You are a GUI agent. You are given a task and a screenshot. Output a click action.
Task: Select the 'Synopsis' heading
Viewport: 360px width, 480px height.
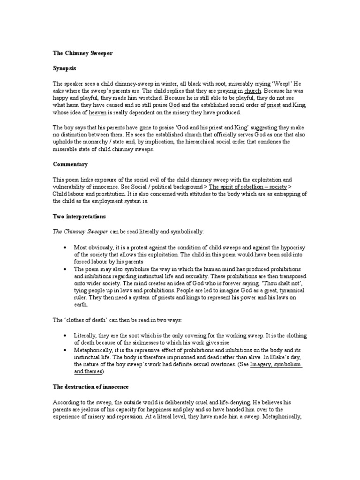tap(65, 68)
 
